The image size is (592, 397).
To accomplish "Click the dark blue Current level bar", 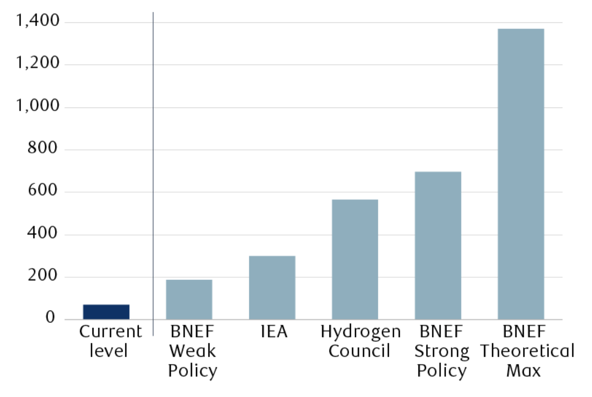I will pyautogui.click(x=106, y=311).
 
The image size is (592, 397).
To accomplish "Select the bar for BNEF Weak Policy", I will pyautogui.click(x=189, y=299).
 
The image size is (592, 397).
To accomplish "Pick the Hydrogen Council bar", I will pyautogui.click(x=355, y=259).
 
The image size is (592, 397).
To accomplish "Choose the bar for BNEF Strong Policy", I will pyautogui.click(x=438, y=245).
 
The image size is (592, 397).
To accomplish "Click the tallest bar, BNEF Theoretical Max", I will pyautogui.click(x=521, y=174).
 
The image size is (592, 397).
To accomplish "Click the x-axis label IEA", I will pyautogui.click(x=274, y=332).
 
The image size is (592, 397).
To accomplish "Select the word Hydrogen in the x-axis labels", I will pyautogui.click(x=361, y=332).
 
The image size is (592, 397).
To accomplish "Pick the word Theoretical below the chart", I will pyautogui.click(x=527, y=351).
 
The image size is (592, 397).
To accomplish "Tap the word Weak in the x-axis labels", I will pyautogui.click(x=192, y=351).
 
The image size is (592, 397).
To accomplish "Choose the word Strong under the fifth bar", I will pyautogui.click(x=441, y=351).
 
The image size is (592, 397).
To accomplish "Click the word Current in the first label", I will pyautogui.click(x=110, y=332).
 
